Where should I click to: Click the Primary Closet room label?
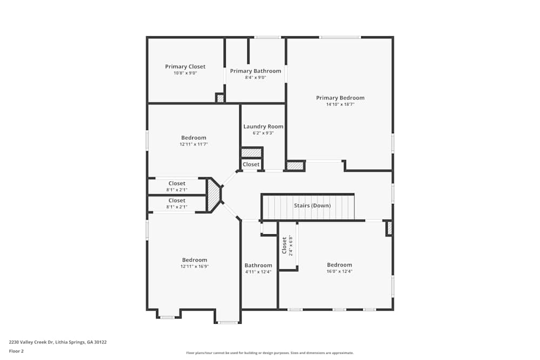point(185,67)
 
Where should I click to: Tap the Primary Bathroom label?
point(255,71)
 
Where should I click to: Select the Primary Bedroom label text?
point(340,98)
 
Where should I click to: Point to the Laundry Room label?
point(263,127)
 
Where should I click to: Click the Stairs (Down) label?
point(312,206)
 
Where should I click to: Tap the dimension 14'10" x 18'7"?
point(340,104)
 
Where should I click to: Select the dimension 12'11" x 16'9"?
point(194,266)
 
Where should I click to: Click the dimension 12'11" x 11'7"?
point(193,144)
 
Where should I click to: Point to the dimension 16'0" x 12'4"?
point(339,271)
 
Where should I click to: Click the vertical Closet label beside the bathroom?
point(285,245)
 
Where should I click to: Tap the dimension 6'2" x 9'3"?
point(263,133)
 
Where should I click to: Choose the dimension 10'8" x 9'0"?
point(185,73)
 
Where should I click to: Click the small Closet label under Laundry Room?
point(251,165)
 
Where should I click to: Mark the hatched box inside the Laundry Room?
point(251,153)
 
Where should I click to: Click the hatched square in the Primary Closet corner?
point(220,98)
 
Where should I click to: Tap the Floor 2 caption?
point(16,351)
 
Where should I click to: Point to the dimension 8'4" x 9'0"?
point(255,78)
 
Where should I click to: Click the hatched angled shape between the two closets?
point(214,195)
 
